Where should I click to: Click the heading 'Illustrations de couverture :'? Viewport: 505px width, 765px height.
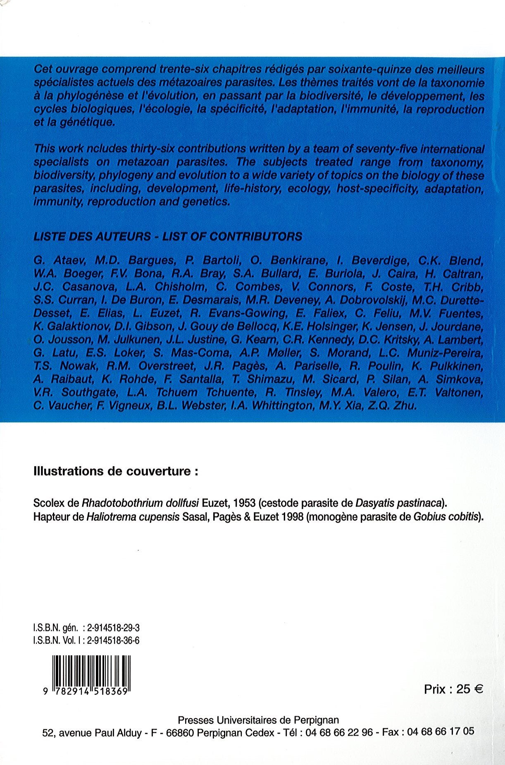[116, 472]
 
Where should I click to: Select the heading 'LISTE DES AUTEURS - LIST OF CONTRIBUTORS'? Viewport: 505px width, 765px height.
[168, 236]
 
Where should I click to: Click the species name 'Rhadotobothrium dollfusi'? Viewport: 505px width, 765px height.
[141, 504]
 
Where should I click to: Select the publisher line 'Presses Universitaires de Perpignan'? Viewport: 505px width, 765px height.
[258, 720]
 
